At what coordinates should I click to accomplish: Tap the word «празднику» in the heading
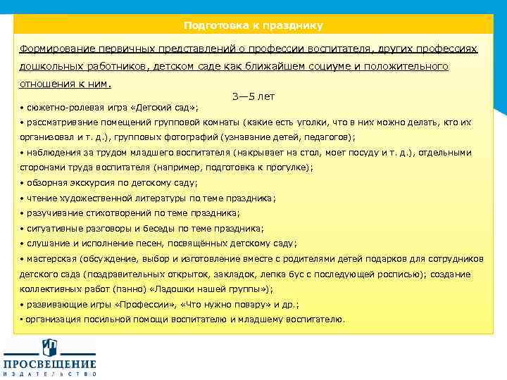click(292, 25)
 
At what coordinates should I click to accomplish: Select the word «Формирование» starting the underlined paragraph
click(56, 50)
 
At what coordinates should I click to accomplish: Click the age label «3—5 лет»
click(253, 96)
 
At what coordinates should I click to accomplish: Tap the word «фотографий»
click(188, 137)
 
